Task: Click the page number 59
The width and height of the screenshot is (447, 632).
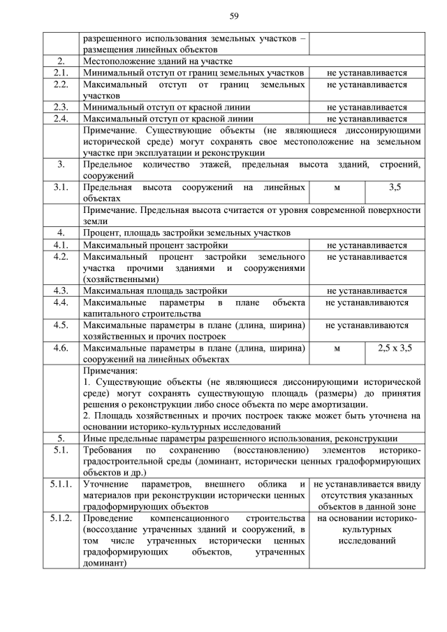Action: pyautogui.click(x=233, y=15)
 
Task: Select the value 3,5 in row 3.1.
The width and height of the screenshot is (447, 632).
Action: pyautogui.click(x=394, y=188)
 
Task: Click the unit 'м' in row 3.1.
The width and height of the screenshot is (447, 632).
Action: pyautogui.click(x=337, y=188)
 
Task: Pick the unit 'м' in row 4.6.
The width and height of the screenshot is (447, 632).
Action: pyautogui.click(x=337, y=348)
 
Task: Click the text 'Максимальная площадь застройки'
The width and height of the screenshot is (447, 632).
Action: pyautogui.click(x=154, y=291)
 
